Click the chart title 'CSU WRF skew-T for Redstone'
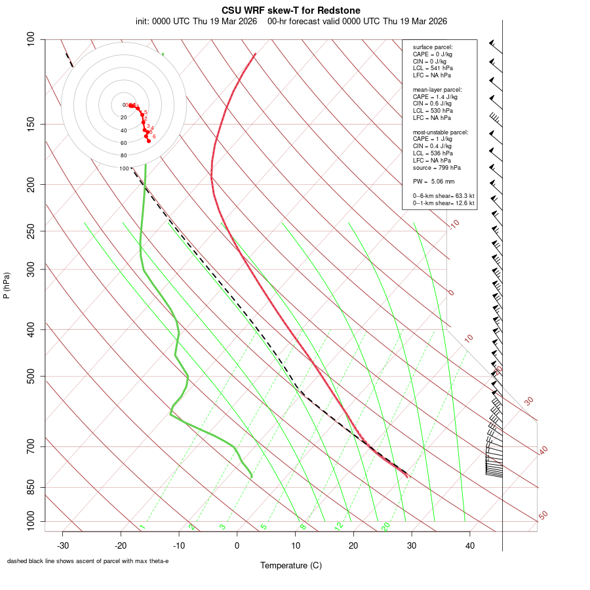click(x=291, y=10)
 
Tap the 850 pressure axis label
click(x=31, y=487)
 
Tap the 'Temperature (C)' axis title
click(x=291, y=565)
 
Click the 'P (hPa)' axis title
click(x=7, y=285)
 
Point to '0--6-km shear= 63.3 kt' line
click(x=444, y=196)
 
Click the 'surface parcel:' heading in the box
click(x=433, y=47)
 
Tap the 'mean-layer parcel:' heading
click(x=437, y=89)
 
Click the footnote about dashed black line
click(x=88, y=561)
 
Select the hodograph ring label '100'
click(x=124, y=168)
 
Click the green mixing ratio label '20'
click(x=385, y=526)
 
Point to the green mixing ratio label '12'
click(x=339, y=526)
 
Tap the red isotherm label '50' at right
click(x=543, y=516)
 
